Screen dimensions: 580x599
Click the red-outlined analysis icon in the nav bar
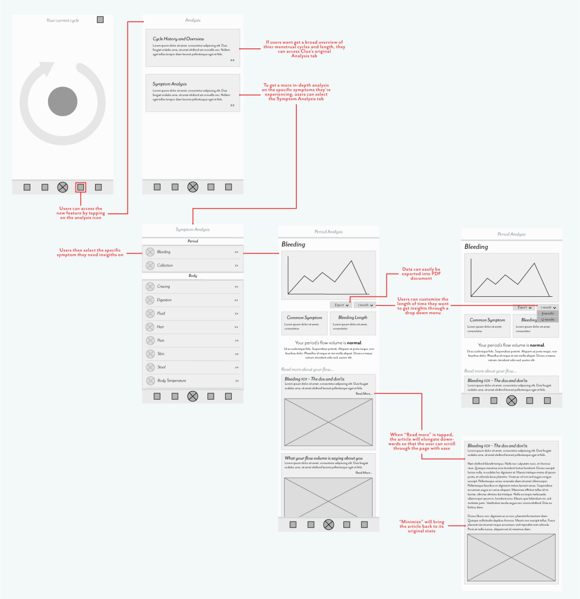[x=81, y=187]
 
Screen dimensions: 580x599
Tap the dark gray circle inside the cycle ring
[x=63, y=101]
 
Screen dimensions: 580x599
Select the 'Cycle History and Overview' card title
[x=178, y=39]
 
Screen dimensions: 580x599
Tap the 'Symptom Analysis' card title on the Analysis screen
[x=170, y=84]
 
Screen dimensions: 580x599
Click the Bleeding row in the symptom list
[x=193, y=252]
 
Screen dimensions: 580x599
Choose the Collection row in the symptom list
[x=193, y=266]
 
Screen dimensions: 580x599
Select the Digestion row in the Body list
[x=193, y=300]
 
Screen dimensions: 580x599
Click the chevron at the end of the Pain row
[x=236, y=340]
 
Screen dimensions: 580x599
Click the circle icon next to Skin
[x=150, y=354]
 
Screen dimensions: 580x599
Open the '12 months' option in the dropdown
[x=548, y=320]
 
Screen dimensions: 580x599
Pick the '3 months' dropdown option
[x=548, y=314]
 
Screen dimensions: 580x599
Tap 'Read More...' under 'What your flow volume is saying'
[x=364, y=473]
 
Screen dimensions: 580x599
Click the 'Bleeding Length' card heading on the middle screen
[x=353, y=317]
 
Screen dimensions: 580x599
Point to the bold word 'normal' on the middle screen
[x=354, y=343]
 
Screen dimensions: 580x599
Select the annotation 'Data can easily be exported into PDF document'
[x=421, y=274]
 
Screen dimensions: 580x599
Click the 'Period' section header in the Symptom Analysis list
[x=193, y=241]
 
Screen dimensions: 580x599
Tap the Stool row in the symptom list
[x=193, y=367]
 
